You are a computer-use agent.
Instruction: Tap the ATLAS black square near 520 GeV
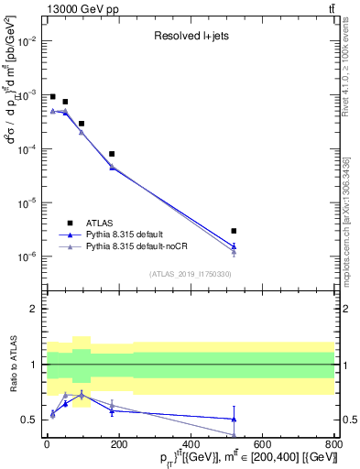click(235, 231)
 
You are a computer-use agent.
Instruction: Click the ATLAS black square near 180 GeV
click(112, 154)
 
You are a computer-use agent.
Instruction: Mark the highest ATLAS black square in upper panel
click(53, 96)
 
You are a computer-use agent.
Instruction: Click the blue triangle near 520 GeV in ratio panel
click(235, 419)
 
